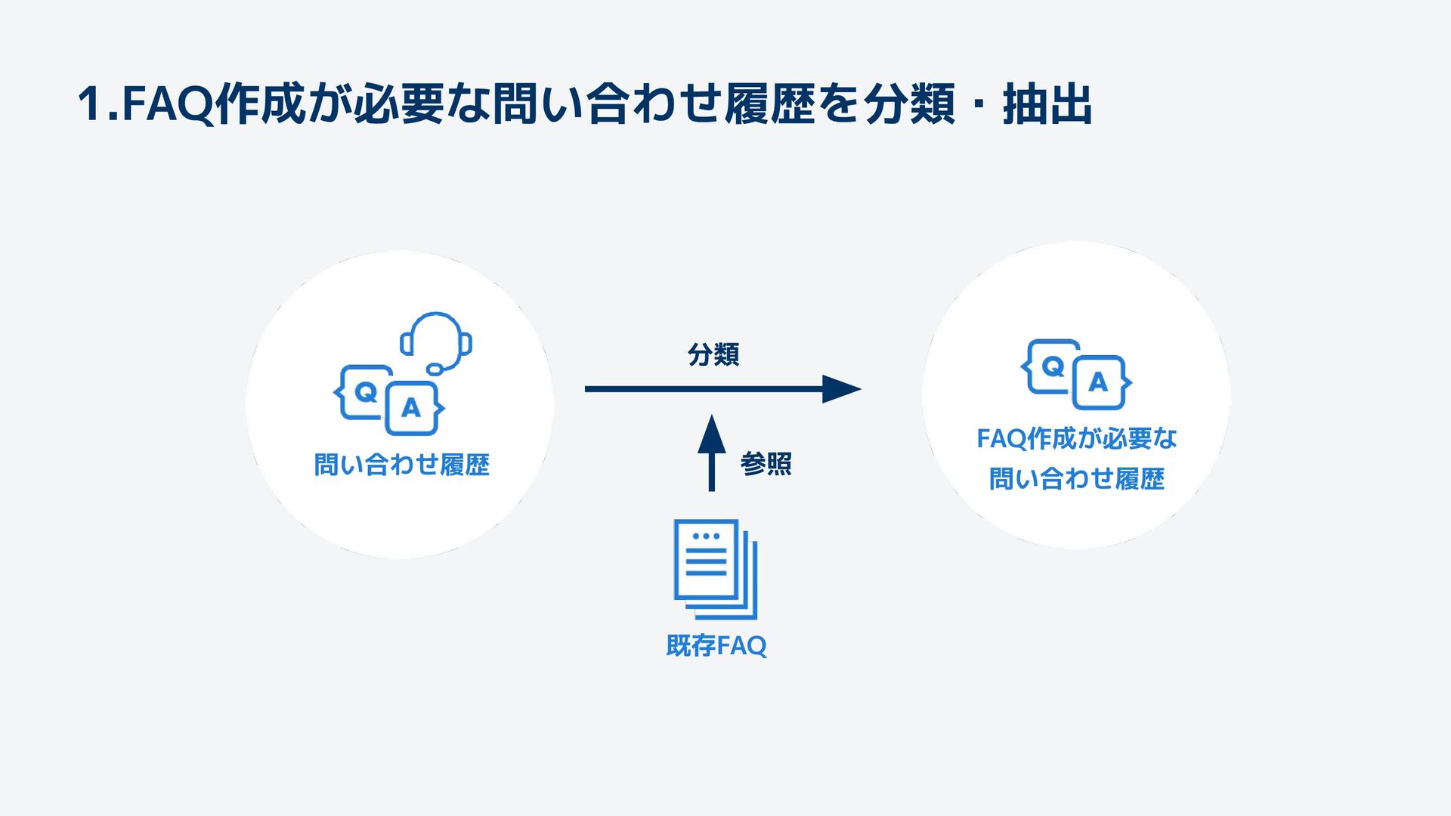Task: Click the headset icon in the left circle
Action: tap(437, 340)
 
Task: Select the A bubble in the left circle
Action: tap(411, 408)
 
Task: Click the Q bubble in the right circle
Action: tap(1053, 366)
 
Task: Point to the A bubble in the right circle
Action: tap(1098, 382)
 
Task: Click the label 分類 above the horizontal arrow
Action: tap(713, 354)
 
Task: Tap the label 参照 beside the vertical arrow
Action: tap(766, 463)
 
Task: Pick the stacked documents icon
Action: tap(715, 568)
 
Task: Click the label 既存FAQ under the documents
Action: tap(716, 646)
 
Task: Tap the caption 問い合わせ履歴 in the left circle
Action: tap(401, 465)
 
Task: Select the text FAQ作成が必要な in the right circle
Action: tap(1076, 438)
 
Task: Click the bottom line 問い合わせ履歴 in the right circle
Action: tap(1076, 479)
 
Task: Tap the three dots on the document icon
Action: tap(706, 536)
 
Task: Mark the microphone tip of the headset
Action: tap(435, 369)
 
